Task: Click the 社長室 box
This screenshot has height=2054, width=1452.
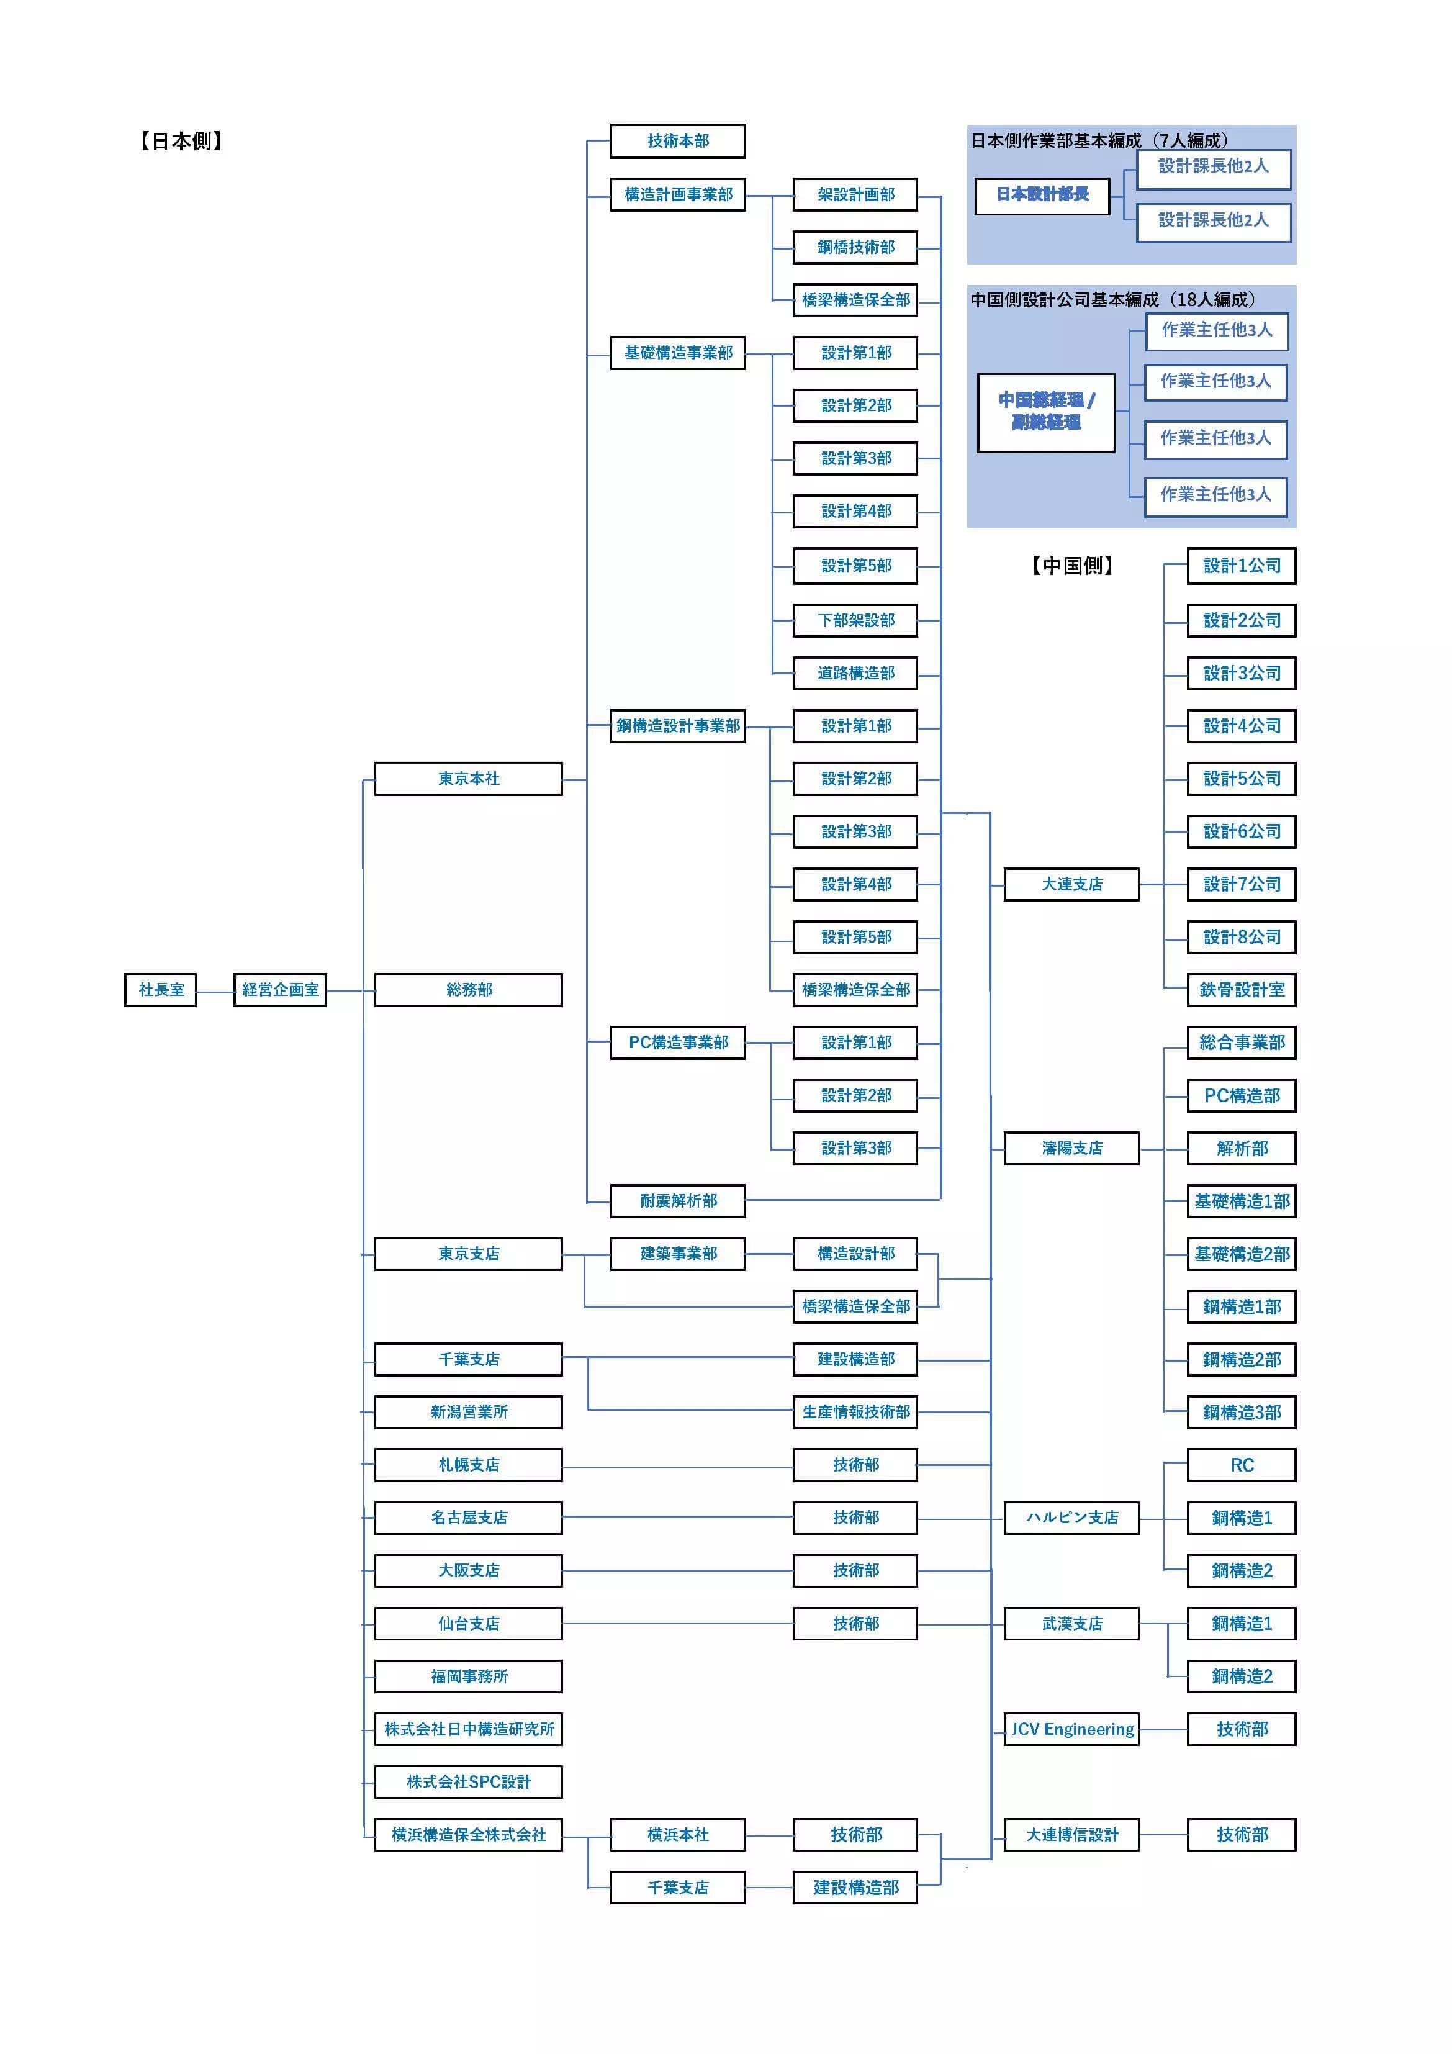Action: click(x=160, y=989)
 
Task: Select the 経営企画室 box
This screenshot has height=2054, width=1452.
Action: click(x=280, y=989)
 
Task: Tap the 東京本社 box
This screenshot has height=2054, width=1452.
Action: click(x=468, y=778)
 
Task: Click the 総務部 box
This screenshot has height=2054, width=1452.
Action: click(x=468, y=989)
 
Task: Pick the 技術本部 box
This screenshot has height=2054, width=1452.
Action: click(x=677, y=140)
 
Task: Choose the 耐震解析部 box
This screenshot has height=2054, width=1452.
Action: click(x=677, y=1201)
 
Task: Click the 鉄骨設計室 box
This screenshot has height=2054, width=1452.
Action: click(x=1241, y=989)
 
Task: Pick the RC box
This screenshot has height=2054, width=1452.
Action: click(x=1241, y=1465)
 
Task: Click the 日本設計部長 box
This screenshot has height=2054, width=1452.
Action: click(x=1042, y=195)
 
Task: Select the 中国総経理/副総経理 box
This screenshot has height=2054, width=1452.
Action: click(x=1046, y=412)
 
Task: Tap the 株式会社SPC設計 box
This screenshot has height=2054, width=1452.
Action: click(x=468, y=1781)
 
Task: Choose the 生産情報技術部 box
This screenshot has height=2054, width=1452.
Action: click(x=855, y=1412)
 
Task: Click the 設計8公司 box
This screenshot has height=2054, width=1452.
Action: click(x=1241, y=936)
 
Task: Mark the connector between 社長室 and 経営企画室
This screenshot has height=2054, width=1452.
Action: click(x=215, y=991)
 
